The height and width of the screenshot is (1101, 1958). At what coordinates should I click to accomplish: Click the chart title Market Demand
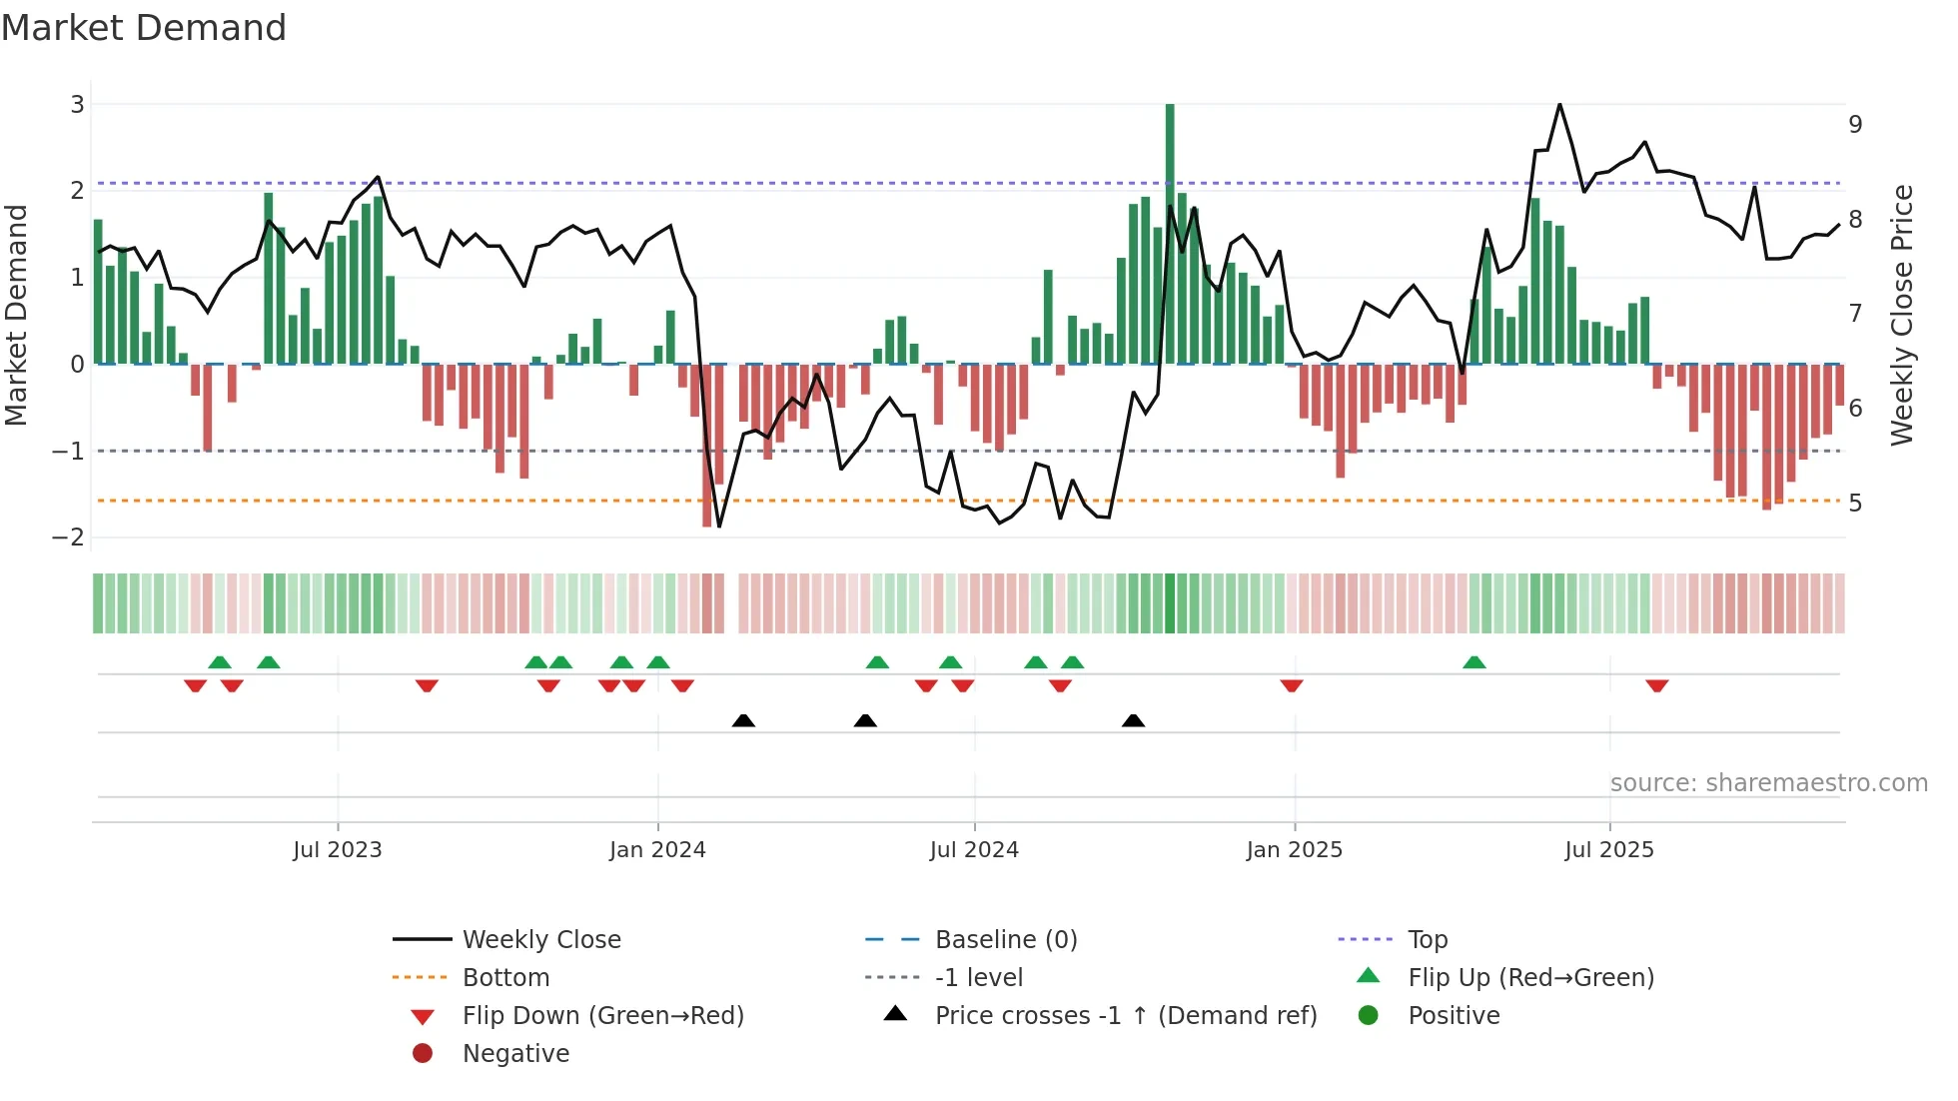tap(144, 28)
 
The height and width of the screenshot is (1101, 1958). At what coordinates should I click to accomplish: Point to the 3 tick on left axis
tap(77, 104)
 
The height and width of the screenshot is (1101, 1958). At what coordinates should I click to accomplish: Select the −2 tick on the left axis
tap(69, 538)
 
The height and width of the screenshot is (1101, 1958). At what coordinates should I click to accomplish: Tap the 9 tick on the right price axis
tap(1855, 125)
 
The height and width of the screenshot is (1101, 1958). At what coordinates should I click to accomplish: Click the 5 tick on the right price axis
tap(1855, 503)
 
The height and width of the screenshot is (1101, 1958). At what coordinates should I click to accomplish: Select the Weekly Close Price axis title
tap(1902, 315)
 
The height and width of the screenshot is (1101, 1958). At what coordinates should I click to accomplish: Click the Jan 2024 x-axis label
tap(657, 850)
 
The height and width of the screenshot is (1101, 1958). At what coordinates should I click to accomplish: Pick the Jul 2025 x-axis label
tap(1609, 850)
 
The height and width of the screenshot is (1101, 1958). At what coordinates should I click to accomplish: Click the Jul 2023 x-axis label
tap(338, 850)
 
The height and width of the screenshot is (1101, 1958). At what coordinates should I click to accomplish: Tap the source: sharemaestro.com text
tap(1768, 783)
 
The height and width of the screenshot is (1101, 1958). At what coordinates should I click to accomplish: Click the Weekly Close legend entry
tap(541, 940)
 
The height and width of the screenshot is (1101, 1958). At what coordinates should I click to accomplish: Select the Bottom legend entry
tap(505, 978)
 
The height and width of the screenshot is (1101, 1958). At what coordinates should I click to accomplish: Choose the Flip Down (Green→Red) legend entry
tap(602, 1016)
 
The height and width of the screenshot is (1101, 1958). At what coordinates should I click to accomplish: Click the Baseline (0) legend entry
tap(1006, 940)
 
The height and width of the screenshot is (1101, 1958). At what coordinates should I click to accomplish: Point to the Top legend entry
tap(1428, 940)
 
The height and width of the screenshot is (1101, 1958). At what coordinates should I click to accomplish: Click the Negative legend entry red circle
tap(423, 1054)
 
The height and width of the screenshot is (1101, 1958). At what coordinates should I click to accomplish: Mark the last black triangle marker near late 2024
tap(1133, 720)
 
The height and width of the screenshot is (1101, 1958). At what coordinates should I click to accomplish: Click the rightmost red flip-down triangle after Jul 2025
tap(1657, 685)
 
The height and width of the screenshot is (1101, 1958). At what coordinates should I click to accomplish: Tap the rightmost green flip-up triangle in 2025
tap(1474, 662)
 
